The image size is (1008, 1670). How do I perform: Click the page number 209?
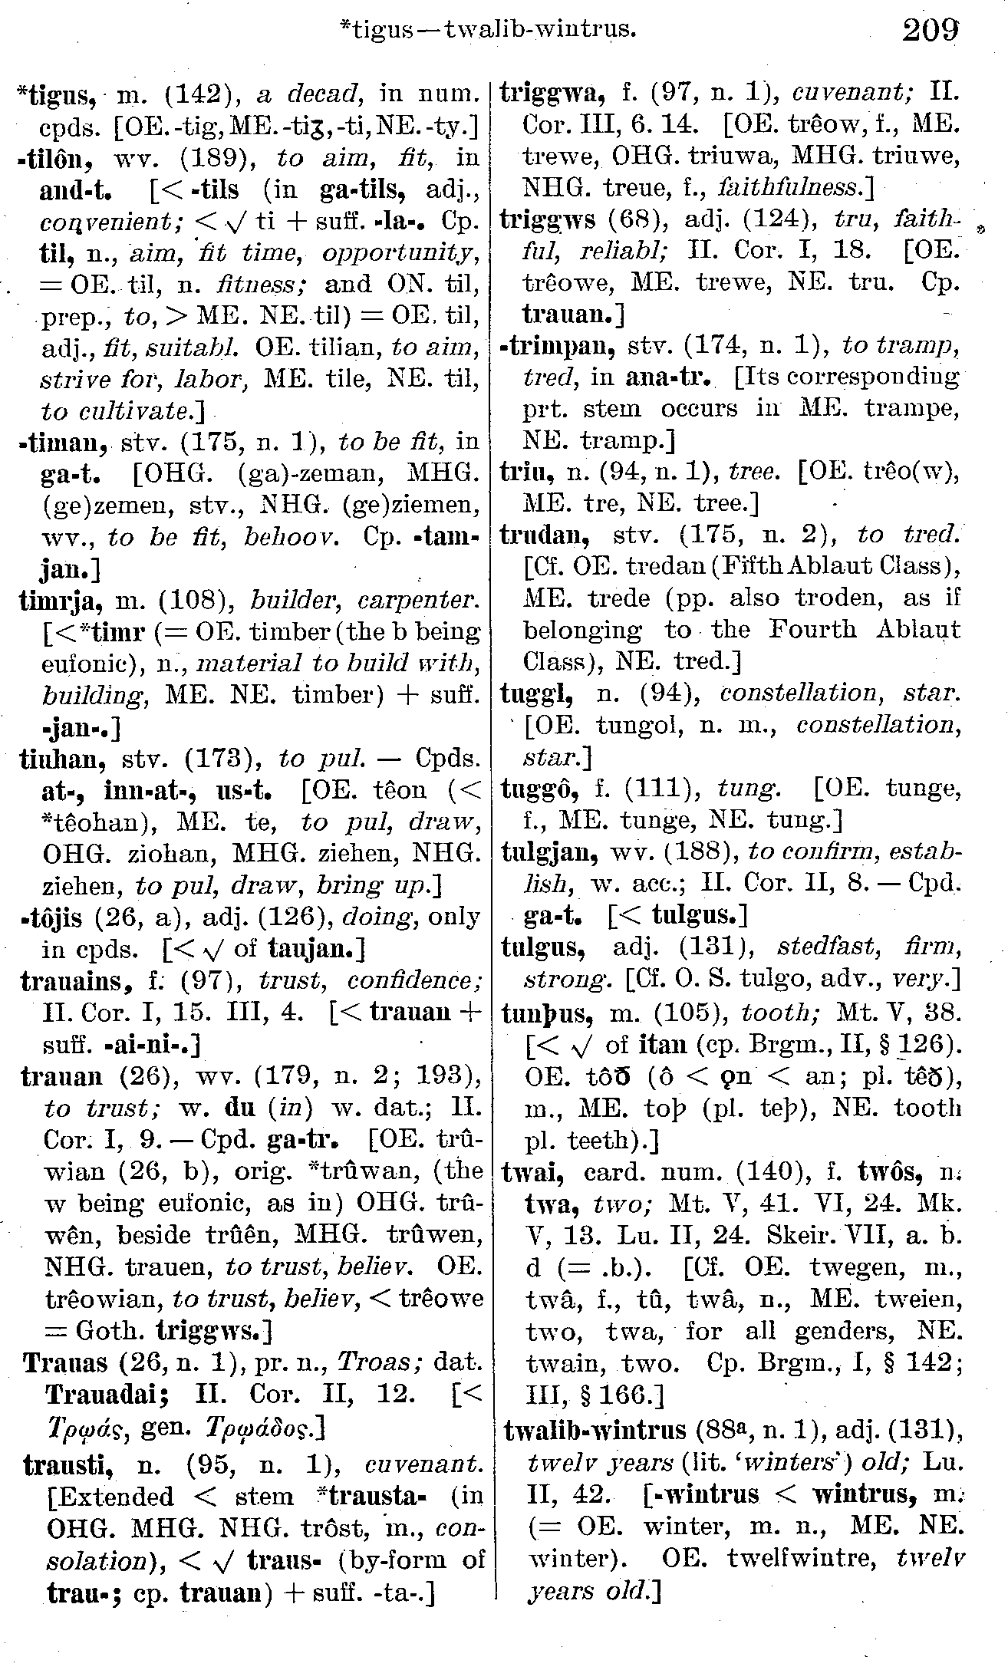[931, 31]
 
